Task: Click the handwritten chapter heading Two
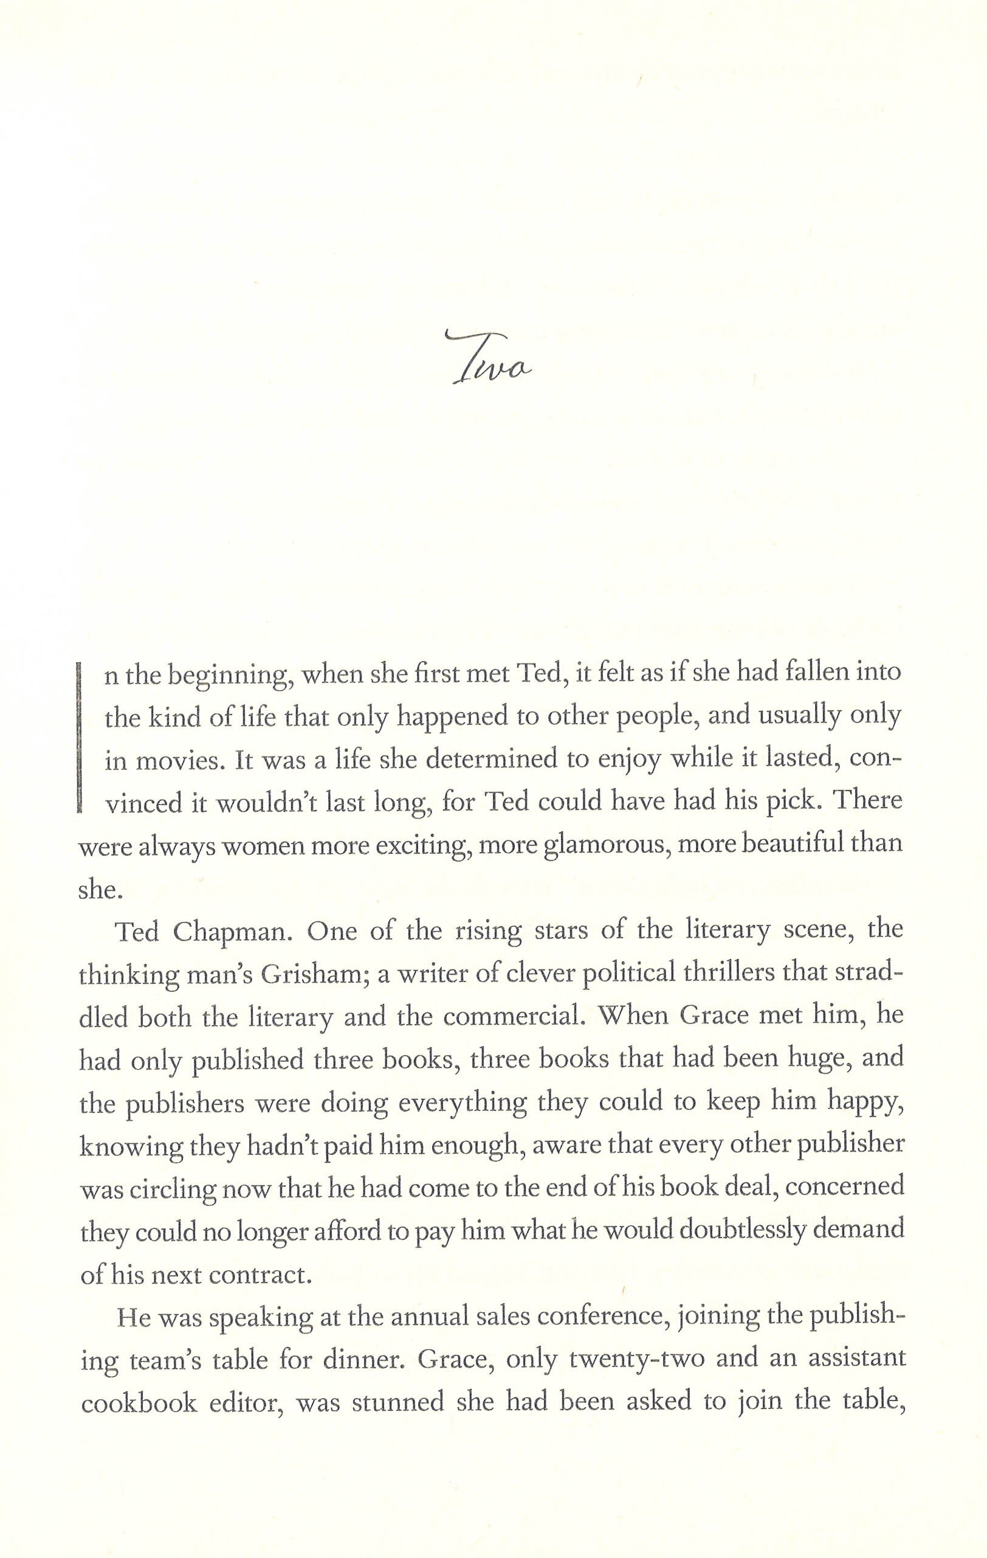[490, 359]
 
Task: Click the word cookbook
[139, 1403]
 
